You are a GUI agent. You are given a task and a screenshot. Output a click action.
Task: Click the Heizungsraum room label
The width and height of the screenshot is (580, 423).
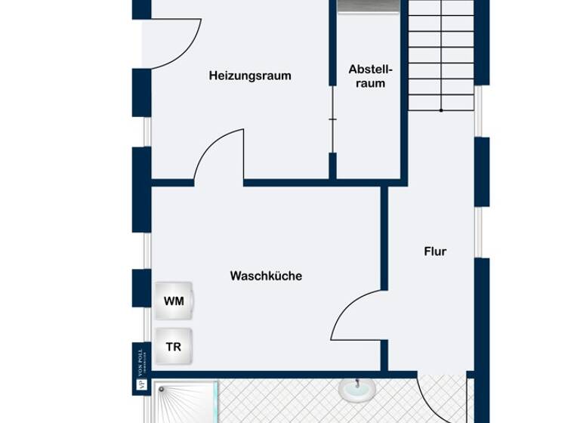250,76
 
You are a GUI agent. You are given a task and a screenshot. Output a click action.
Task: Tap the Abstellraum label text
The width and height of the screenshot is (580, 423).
366,76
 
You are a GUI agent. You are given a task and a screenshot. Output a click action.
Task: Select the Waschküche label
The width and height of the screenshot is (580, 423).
266,276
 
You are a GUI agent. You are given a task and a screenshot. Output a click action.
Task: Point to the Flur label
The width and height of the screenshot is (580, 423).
435,252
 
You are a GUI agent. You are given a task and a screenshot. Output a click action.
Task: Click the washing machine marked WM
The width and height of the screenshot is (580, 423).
174,301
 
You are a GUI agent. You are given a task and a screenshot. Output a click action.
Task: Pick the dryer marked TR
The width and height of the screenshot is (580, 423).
174,347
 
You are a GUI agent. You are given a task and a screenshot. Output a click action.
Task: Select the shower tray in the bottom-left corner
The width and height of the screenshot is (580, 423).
186,401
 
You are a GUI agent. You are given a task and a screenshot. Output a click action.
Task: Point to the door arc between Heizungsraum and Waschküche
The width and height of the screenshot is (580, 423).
215,155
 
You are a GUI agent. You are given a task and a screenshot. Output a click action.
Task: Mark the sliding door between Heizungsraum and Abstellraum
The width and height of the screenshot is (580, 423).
332,119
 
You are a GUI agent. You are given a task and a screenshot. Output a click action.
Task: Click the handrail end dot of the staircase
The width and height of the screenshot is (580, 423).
442,110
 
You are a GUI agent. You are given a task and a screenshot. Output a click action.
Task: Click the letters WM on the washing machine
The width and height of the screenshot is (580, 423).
174,301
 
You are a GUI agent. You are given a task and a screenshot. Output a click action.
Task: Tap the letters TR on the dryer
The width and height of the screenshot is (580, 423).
174,347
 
